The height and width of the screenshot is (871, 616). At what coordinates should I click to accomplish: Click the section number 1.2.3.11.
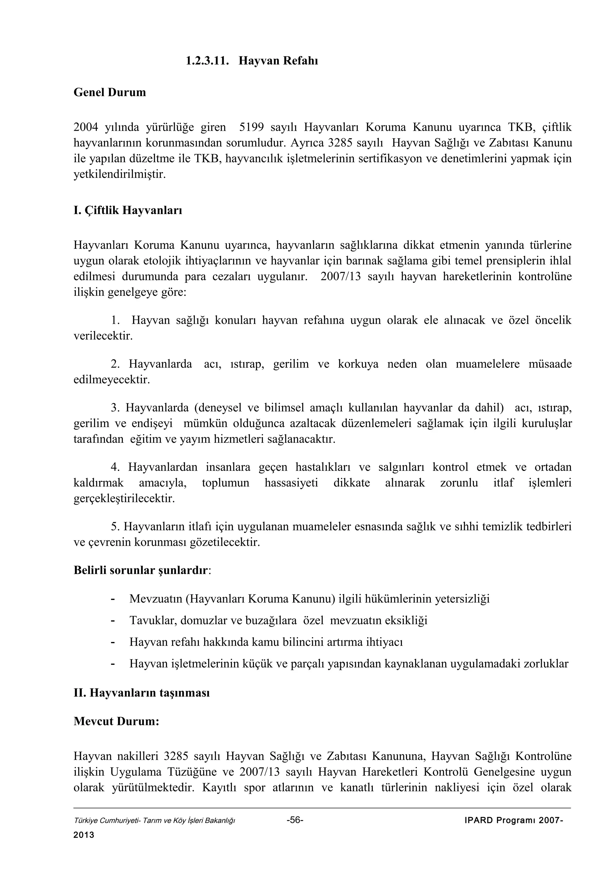[207, 61]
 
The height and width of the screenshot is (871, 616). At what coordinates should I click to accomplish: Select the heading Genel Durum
[110, 92]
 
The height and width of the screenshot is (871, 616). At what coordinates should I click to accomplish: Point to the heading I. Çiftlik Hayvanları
[128, 210]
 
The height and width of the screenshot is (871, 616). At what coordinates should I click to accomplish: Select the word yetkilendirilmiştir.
[119, 174]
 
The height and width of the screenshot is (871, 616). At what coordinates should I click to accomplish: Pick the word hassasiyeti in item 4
[291, 483]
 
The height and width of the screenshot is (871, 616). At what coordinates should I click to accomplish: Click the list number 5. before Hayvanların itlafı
[115, 527]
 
